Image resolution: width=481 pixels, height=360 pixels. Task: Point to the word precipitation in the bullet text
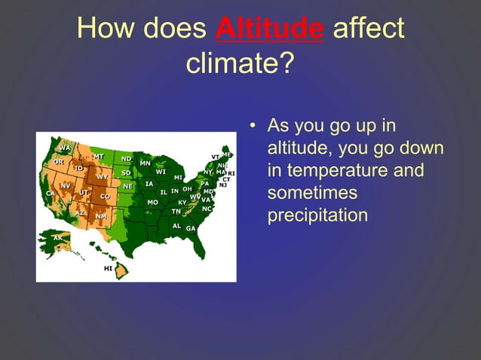coord(317,215)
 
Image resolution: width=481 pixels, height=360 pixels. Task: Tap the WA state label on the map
coord(65,148)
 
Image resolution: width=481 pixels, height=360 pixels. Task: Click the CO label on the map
coord(105,196)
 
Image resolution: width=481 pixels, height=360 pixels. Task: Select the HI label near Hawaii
coord(108,267)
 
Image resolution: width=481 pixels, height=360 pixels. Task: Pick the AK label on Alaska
coord(58,238)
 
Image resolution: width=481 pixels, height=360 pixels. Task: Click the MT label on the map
coord(99,156)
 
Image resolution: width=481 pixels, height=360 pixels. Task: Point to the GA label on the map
coord(190,228)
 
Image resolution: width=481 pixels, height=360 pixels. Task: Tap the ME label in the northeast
coord(226,154)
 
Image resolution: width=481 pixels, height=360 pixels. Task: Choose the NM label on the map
coord(100,216)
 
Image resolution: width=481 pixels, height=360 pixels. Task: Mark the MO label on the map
coord(152,202)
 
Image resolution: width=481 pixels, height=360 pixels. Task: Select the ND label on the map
coord(126,159)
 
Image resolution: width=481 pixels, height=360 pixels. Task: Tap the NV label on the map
coord(66,185)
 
